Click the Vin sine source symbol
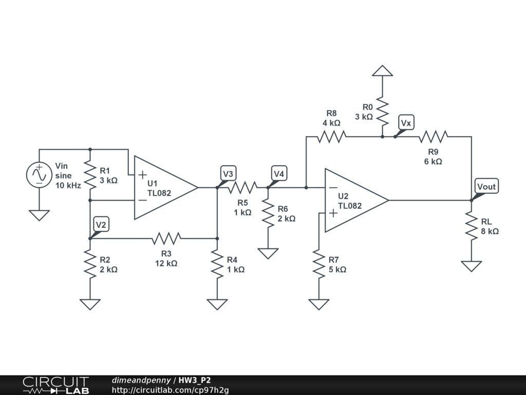pos(39,175)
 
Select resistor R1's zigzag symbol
pos(90,175)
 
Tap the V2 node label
pos(101,224)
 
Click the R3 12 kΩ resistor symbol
pos(166,239)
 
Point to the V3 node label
pos(228,174)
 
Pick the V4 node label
pos(279,174)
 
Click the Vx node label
pos(406,122)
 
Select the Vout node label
pos(486,186)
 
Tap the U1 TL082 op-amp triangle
pos(166,187)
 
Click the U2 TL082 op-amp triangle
pos(356,201)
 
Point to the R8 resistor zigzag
pos(331,137)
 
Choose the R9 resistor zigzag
pos(434,137)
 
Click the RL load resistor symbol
pos(472,226)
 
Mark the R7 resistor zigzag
pos(318,264)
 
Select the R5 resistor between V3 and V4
pos(242,187)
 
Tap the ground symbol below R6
pos(268,254)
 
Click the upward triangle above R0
pos(382,70)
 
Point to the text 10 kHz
pos(68,185)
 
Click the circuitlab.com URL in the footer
pos(171,390)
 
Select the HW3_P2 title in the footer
pos(195,380)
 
